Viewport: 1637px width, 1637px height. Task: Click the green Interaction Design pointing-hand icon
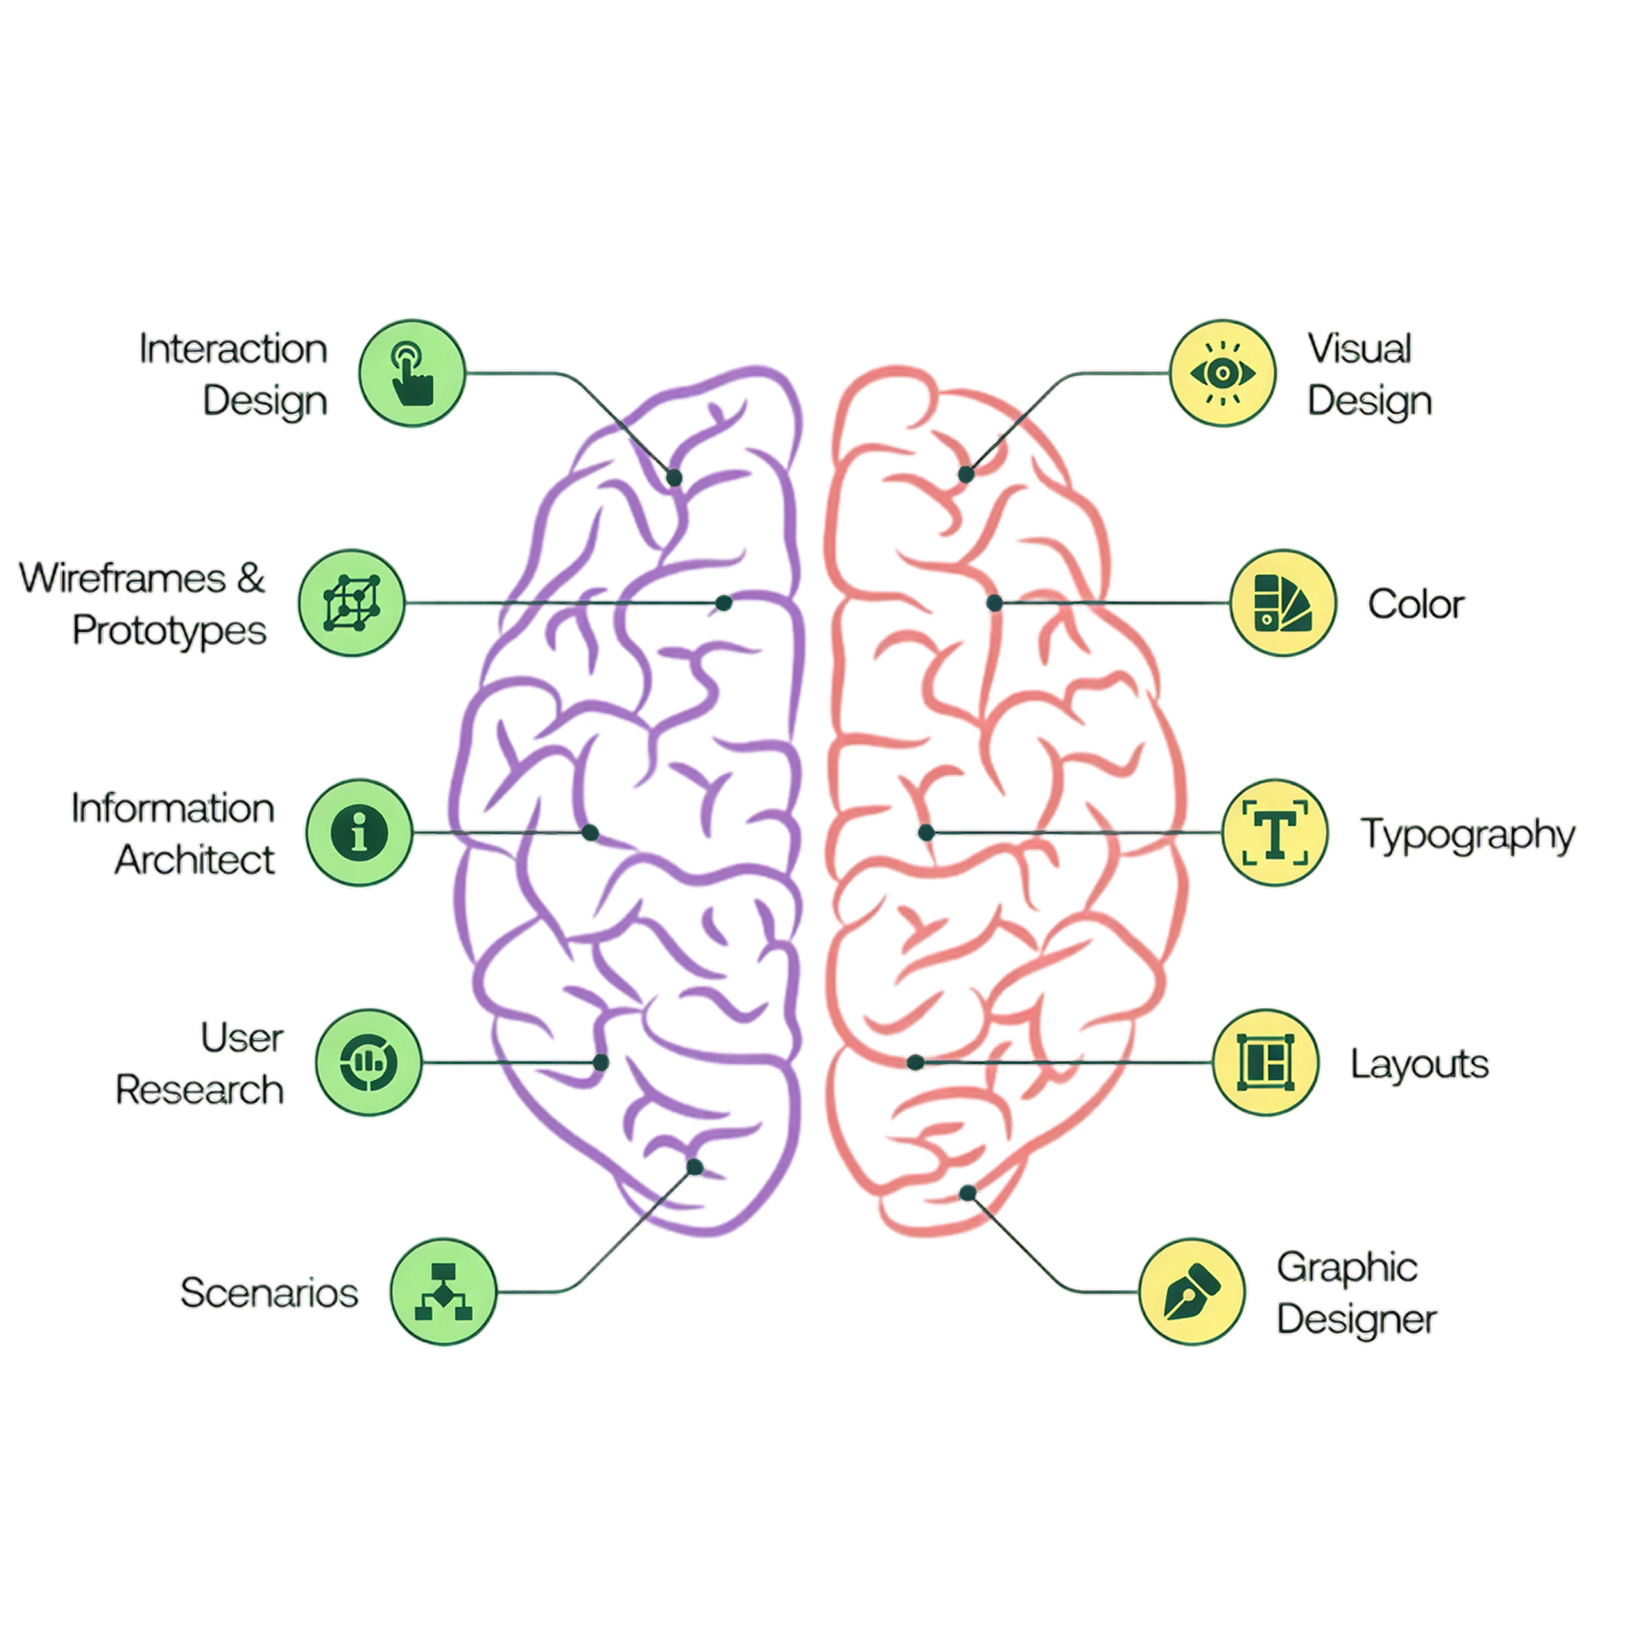coord(413,374)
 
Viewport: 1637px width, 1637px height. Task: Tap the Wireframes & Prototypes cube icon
coord(352,602)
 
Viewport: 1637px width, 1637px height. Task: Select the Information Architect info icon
coord(359,832)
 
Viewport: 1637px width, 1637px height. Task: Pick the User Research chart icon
coord(368,1062)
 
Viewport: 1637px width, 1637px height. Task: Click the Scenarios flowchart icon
coord(443,1291)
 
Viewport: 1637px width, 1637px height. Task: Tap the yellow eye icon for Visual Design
coord(1223,374)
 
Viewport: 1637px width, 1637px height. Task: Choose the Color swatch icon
coord(1283,602)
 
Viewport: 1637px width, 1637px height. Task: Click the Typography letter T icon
coord(1275,832)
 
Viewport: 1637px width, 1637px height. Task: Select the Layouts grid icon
coord(1266,1062)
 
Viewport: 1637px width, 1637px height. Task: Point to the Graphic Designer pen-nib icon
coord(1192,1291)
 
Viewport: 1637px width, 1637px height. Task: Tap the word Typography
coord(1469,836)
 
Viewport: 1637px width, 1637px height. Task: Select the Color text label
coord(1416,605)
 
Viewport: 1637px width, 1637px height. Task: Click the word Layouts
coord(1419,1065)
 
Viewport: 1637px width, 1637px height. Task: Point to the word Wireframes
coord(123,578)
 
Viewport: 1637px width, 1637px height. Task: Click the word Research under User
coord(200,1090)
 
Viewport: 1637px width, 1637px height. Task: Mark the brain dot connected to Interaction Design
coord(675,478)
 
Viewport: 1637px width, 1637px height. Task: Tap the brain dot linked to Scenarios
coord(695,1168)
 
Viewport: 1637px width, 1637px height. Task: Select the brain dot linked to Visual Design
coord(966,475)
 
